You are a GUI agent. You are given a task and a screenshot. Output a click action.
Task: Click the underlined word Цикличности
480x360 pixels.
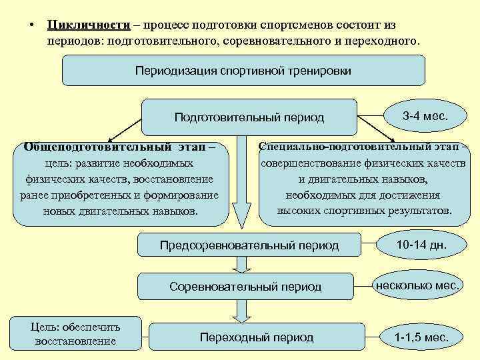pyautogui.click(x=88, y=25)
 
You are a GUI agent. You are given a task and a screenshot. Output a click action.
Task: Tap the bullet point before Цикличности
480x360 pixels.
pyautogui.click(x=31, y=25)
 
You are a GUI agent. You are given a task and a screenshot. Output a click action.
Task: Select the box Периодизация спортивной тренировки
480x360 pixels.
pyautogui.click(x=243, y=70)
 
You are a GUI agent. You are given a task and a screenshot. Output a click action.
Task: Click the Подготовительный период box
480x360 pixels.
pyautogui.click(x=249, y=117)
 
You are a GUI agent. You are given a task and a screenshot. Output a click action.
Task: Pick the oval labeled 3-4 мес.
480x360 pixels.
pyautogui.click(x=425, y=116)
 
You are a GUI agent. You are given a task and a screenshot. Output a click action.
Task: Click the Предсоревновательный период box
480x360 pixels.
pyautogui.click(x=249, y=245)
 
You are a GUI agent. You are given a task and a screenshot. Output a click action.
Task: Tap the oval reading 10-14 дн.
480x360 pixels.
pyautogui.click(x=421, y=245)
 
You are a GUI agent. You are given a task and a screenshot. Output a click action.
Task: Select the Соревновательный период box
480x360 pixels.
pyautogui.click(x=245, y=287)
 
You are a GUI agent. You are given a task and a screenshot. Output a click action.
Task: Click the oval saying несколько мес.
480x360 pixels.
pyautogui.click(x=417, y=286)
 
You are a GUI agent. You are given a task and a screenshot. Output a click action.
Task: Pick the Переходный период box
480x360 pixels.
pyautogui.click(x=256, y=337)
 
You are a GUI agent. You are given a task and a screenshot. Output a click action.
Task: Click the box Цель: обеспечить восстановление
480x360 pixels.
pyautogui.click(x=75, y=333)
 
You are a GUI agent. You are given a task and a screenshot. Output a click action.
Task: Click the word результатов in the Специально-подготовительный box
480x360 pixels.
pyautogui.click(x=417, y=211)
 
